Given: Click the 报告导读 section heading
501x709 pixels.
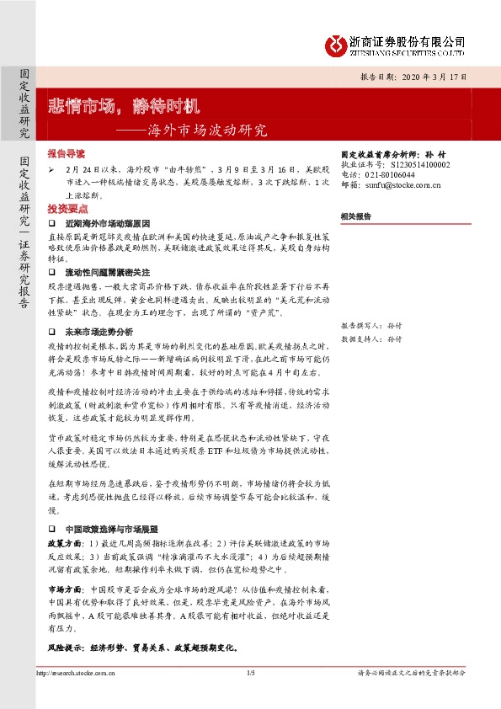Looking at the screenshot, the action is [x=66, y=155].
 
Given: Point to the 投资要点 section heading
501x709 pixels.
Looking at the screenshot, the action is [x=66, y=207].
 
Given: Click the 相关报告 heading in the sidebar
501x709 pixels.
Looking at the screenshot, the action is [x=355, y=216].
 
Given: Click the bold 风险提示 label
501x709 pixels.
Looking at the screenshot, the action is [x=66, y=649].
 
